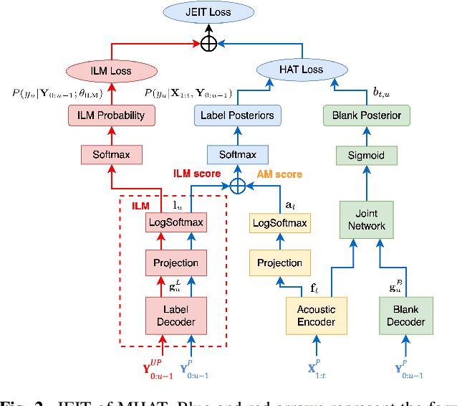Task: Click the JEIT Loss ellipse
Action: (208, 12)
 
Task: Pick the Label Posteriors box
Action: (236, 115)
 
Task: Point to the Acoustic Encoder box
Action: (316, 315)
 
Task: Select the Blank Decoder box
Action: (405, 315)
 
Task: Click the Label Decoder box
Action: (175, 315)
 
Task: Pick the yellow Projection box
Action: (280, 263)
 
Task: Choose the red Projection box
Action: (175, 263)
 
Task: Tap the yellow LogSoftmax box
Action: (280, 223)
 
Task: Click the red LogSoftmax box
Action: (175, 223)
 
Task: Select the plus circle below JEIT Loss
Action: (208, 44)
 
